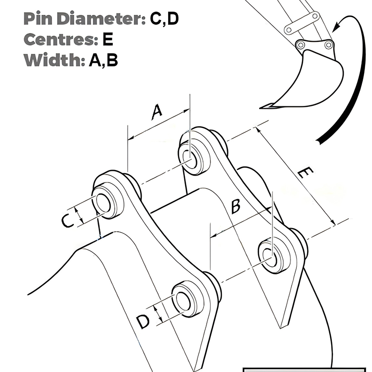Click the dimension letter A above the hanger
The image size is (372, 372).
(x=157, y=112)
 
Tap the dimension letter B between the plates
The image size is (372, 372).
(x=235, y=206)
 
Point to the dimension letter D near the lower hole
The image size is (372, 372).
(x=143, y=321)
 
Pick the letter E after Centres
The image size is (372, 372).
(x=107, y=39)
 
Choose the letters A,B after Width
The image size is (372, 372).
(x=103, y=60)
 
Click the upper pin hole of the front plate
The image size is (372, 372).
(x=103, y=203)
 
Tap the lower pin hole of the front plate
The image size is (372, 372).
(x=182, y=301)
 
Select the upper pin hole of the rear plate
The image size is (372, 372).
(x=189, y=155)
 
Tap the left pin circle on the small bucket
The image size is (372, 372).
(x=300, y=45)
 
